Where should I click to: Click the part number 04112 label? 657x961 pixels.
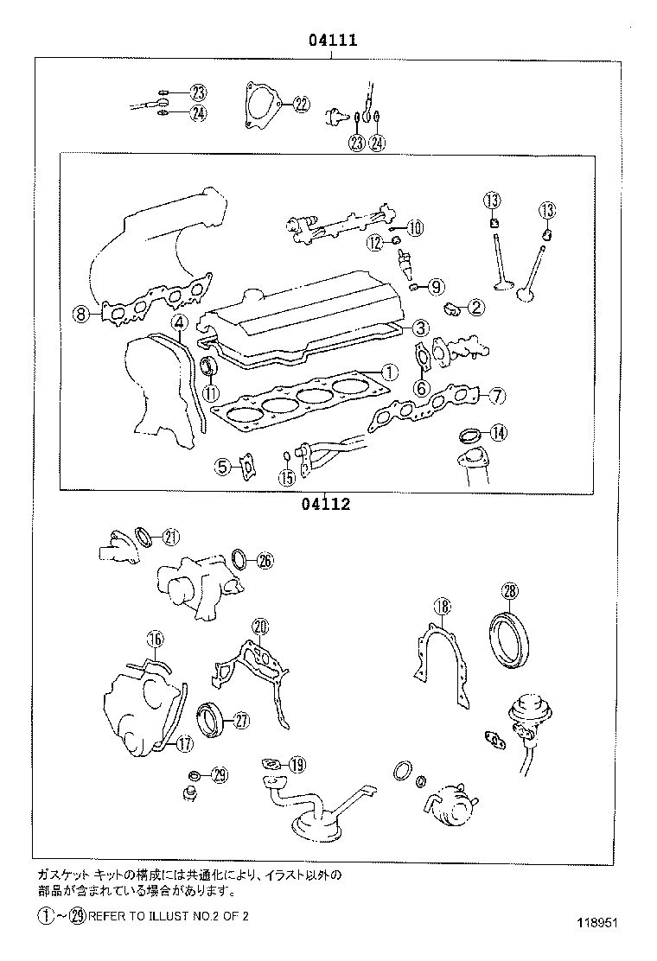(x=326, y=505)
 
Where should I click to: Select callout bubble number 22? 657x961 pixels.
(x=300, y=105)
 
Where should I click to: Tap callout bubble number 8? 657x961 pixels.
(x=80, y=315)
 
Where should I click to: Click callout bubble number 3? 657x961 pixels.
(x=418, y=328)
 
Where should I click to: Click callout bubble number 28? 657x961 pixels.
(x=509, y=591)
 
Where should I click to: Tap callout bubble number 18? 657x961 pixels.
(x=441, y=607)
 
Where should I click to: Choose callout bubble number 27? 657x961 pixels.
(x=240, y=718)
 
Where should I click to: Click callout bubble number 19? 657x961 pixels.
(x=297, y=764)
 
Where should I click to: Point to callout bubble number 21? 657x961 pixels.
(x=170, y=537)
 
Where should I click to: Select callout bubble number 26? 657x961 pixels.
(x=265, y=561)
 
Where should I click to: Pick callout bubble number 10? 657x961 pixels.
(x=414, y=228)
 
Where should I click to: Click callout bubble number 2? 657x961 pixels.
(x=476, y=306)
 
